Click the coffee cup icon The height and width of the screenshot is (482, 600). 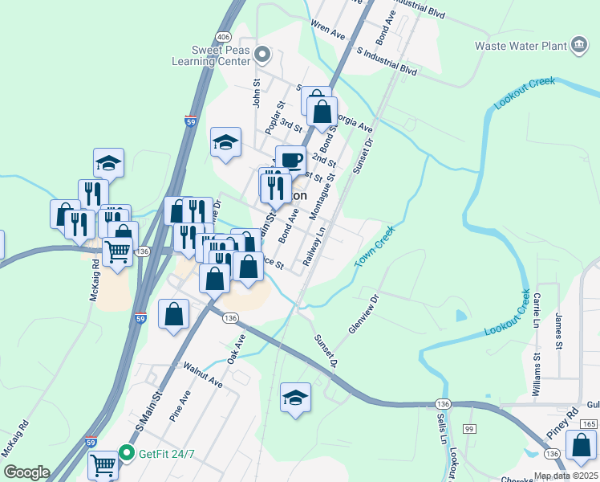click(290, 158)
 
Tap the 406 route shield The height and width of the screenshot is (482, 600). click(224, 38)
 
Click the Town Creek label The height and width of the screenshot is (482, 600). click(375, 247)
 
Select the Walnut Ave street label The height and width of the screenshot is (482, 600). click(203, 375)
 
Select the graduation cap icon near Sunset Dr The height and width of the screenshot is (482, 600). click(295, 398)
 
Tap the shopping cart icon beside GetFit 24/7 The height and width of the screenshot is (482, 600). click(103, 464)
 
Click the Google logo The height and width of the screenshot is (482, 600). click(26, 472)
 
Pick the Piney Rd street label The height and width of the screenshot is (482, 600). click(561, 424)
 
